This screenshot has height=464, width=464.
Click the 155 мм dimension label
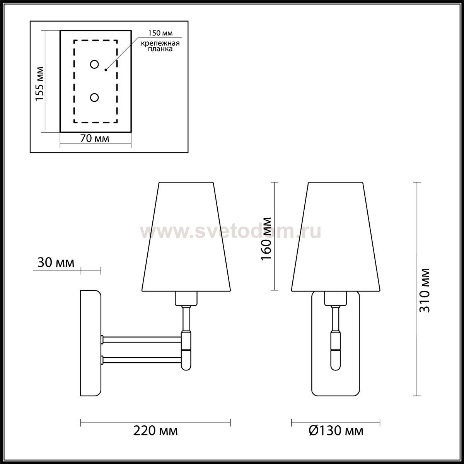point(40,84)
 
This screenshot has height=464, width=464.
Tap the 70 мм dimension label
point(95,138)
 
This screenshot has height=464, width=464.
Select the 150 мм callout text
point(160,33)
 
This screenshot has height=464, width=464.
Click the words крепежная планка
point(160,46)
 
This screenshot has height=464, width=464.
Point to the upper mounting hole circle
point(94,65)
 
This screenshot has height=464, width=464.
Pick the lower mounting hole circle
point(94,97)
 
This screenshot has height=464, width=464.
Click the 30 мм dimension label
point(56,263)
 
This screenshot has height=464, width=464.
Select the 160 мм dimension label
point(266,239)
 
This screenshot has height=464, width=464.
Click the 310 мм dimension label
point(425,291)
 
